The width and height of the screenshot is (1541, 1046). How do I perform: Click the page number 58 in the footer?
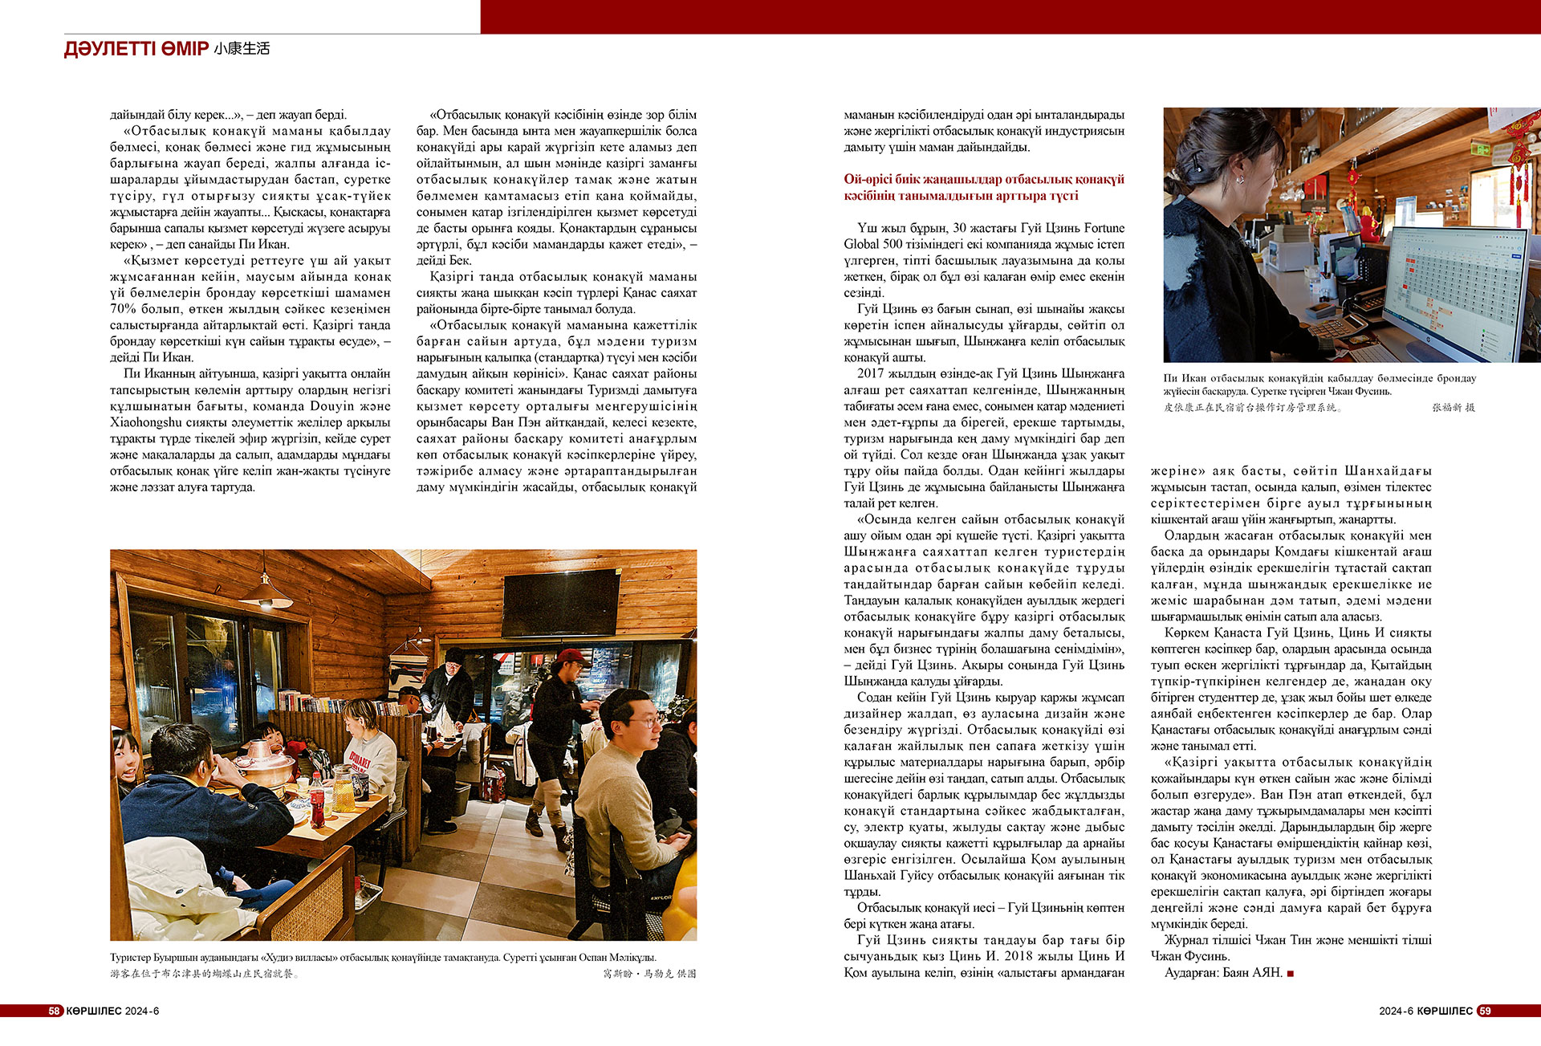click(55, 1011)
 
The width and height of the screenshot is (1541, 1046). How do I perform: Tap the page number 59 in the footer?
click(1485, 1011)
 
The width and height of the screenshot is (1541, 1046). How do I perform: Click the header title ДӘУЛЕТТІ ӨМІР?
click(136, 49)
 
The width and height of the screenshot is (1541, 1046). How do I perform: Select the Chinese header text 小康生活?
click(242, 49)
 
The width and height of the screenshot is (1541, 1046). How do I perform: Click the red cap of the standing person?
click(571, 657)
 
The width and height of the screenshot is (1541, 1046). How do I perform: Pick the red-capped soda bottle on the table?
click(318, 799)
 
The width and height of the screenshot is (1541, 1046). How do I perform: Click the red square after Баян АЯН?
click(1291, 973)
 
